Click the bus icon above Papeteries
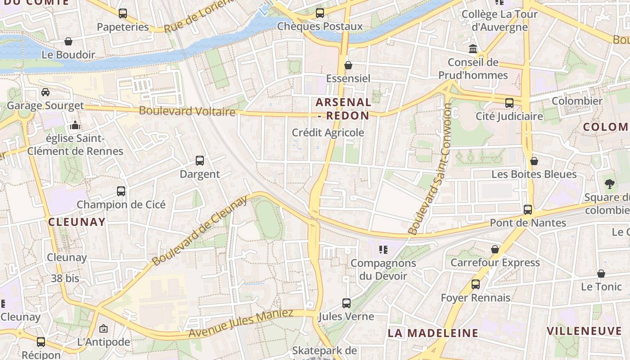click(123, 13)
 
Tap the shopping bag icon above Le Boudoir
click(68, 42)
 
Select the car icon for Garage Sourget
click(45, 92)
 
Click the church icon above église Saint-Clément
click(75, 125)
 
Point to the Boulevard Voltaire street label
click(187, 111)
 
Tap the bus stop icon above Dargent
click(200, 161)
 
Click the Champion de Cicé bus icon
click(121, 191)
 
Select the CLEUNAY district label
click(76, 222)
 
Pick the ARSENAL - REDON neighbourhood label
click(343, 109)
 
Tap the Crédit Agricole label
click(328, 133)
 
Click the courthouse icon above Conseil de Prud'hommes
click(473, 49)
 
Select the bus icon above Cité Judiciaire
click(509, 103)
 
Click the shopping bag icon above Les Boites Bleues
click(534, 161)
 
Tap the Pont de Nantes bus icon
click(528, 210)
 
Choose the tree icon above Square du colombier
click(610, 184)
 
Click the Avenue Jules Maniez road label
click(241, 324)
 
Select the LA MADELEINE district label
click(433, 333)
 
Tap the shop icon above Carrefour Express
click(495, 249)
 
